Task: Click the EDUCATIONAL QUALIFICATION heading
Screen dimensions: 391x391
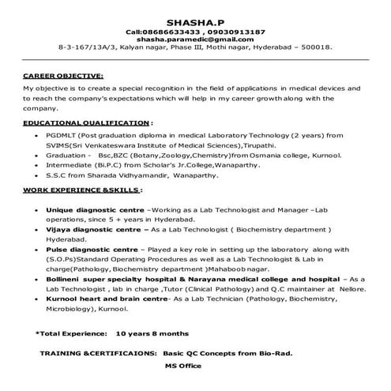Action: point(86,124)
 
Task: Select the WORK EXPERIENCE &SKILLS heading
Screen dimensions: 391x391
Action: point(82,190)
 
